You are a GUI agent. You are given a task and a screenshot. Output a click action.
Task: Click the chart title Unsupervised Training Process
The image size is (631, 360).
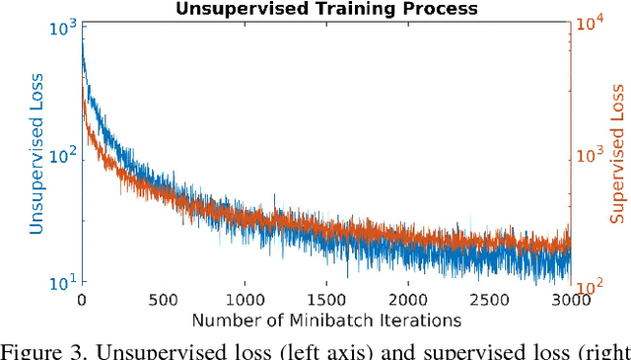tap(325, 9)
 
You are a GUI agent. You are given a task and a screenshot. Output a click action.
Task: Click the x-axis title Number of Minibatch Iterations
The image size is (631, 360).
tap(325, 321)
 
